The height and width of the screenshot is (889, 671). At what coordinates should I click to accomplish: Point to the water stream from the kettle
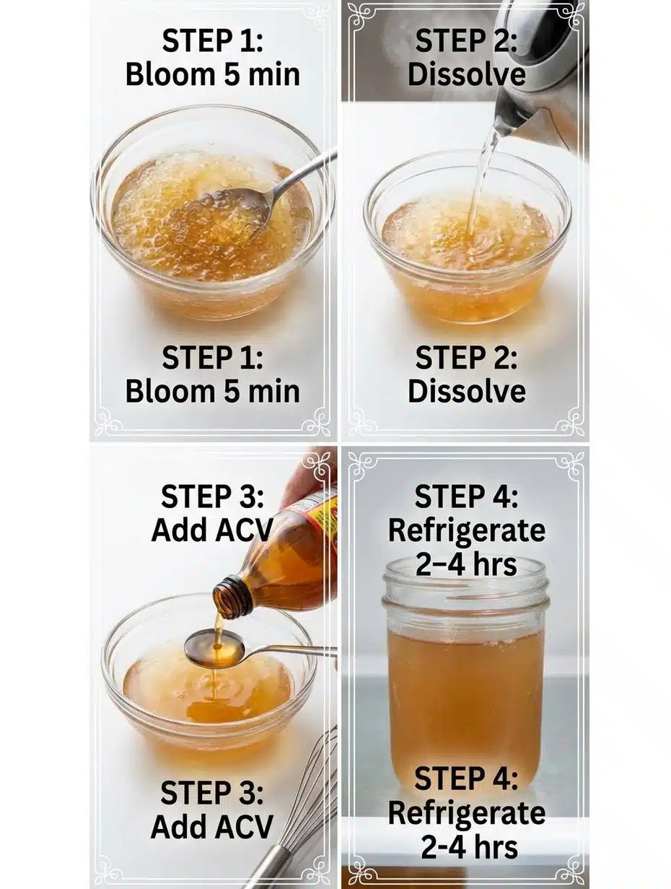click(x=481, y=180)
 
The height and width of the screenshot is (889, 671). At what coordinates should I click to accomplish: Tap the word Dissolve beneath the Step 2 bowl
click(x=466, y=392)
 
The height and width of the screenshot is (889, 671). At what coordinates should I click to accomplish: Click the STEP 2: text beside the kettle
click(x=466, y=41)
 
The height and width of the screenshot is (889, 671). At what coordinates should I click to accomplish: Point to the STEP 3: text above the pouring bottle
click(x=212, y=497)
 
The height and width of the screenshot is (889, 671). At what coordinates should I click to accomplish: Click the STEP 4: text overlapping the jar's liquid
click(x=466, y=779)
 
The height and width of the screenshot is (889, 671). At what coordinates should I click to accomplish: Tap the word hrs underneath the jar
click(x=491, y=847)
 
